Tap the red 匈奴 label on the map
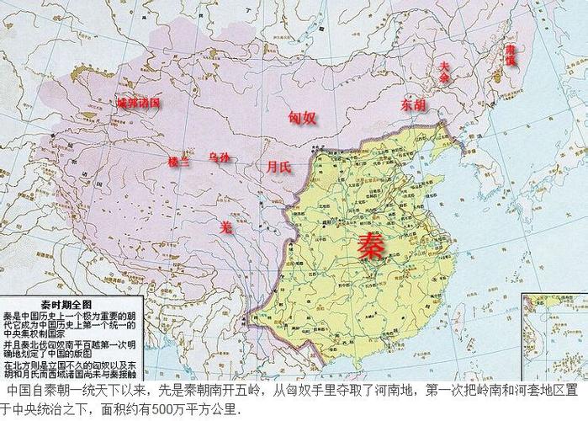[302, 117]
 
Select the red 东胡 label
[413, 105]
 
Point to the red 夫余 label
[443, 71]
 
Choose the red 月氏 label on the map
[278, 167]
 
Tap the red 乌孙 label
[219, 158]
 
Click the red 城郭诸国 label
[138, 102]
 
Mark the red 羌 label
[225, 226]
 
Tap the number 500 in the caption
[182, 411]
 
